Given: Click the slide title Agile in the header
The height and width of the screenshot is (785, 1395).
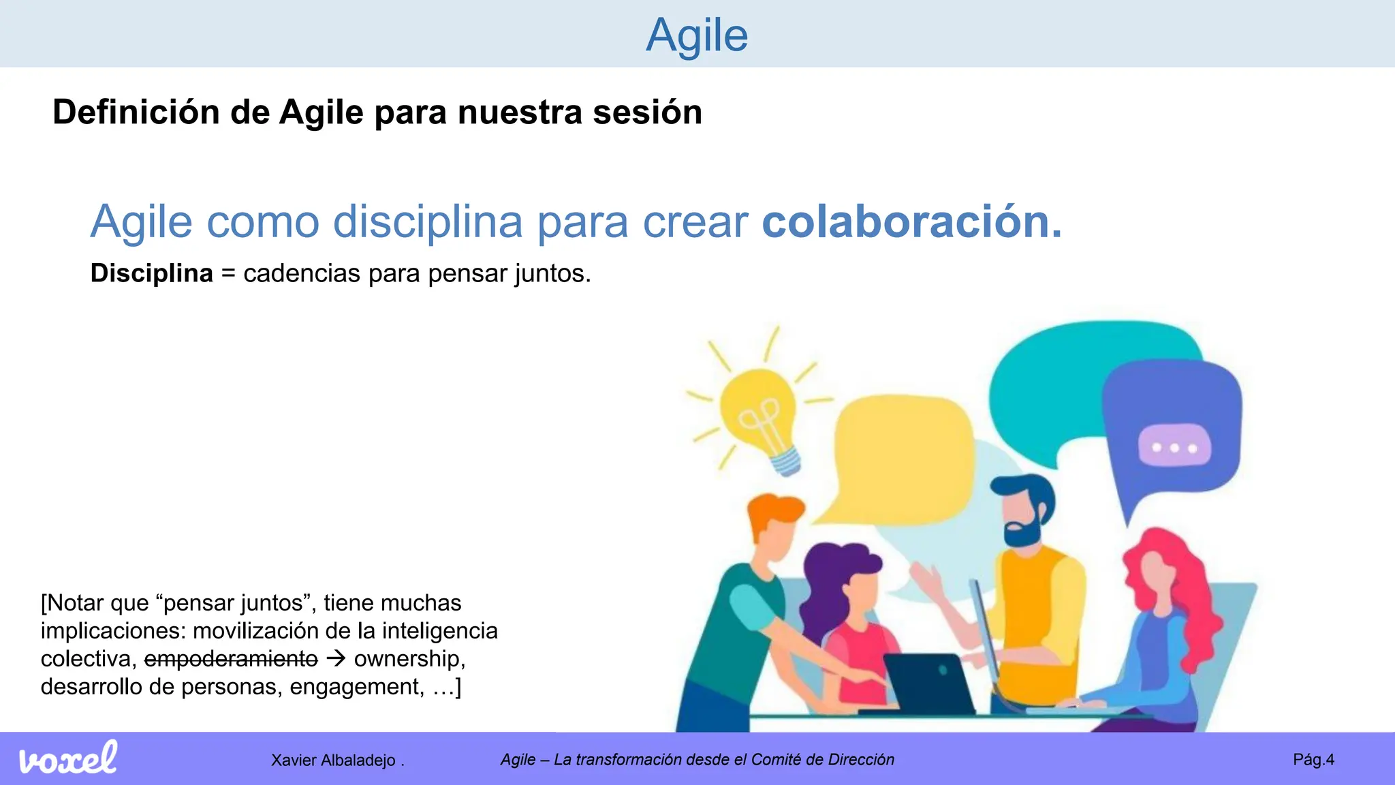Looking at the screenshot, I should (x=697, y=35).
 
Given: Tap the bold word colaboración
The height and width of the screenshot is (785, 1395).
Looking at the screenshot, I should (x=911, y=221).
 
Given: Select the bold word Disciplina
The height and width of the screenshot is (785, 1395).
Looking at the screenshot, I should (x=151, y=273).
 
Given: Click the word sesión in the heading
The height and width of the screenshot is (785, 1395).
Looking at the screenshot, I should (x=647, y=112).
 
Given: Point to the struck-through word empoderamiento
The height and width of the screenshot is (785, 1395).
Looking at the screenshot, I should (x=231, y=659).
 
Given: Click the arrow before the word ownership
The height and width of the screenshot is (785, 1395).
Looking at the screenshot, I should (x=336, y=659).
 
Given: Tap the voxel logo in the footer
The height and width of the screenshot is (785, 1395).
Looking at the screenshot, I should (x=67, y=758).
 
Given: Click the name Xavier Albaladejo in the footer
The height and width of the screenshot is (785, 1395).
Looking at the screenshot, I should (x=333, y=760).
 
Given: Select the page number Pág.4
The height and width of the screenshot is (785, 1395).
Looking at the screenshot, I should (x=1313, y=760).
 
